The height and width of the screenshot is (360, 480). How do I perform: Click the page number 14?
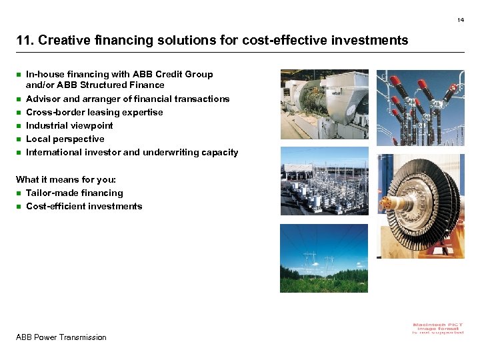click(460, 20)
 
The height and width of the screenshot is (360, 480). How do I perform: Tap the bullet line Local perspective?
click(65, 139)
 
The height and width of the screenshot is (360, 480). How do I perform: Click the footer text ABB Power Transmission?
click(61, 337)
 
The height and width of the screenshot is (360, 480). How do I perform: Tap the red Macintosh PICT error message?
click(438, 328)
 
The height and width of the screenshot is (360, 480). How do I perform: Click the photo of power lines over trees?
click(323, 258)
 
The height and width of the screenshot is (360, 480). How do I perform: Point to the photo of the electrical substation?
click(324, 181)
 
